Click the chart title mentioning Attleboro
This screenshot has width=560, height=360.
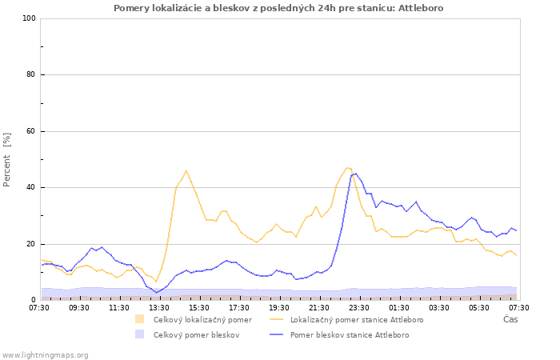(x=278, y=8)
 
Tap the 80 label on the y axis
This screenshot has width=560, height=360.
(x=30, y=75)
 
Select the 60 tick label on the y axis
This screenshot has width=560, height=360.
(x=30, y=131)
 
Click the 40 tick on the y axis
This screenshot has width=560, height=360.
(x=30, y=188)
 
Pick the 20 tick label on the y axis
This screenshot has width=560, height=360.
(x=30, y=244)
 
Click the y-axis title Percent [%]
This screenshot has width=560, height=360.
(x=8, y=159)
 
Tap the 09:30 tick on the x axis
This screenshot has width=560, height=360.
(x=79, y=307)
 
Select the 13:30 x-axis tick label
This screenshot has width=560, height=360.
(x=159, y=307)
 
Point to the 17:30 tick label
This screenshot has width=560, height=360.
(x=239, y=307)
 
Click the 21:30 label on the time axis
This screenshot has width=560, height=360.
(x=319, y=307)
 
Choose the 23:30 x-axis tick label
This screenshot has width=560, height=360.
(x=359, y=307)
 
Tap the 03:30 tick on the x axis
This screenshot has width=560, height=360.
(x=439, y=307)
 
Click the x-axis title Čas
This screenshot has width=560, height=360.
(x=510, y=320)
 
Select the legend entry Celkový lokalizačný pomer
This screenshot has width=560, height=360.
(x=202, y=320)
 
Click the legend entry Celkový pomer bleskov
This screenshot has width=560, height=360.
(x=196, y=335)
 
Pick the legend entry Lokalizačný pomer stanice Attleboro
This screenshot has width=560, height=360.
(x=356, y=320)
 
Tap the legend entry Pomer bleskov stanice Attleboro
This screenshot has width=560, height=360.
(x=349, y=335)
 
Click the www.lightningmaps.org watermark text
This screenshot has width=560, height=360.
(x=45, y=354)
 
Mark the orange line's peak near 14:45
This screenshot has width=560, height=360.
(x=186, y=170)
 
